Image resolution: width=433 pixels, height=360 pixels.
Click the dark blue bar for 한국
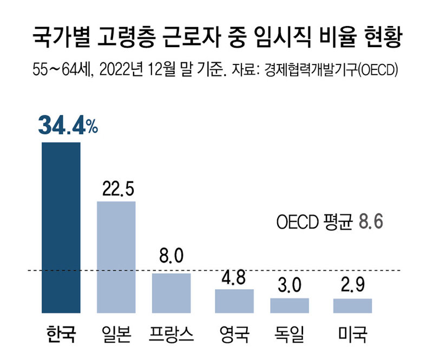[61, 227]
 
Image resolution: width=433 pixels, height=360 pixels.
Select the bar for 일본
[116, 257]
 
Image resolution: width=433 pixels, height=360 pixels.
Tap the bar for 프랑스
[171, 293]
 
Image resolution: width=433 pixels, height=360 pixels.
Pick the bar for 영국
[234, 301]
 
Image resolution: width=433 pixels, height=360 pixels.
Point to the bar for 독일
[290, 305]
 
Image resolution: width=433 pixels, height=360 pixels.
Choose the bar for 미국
[352, 306]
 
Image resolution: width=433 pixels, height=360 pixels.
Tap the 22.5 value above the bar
[116, 189]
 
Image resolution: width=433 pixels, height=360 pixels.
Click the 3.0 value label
[290, 286]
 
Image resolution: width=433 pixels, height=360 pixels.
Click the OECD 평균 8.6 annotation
[329, 222]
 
